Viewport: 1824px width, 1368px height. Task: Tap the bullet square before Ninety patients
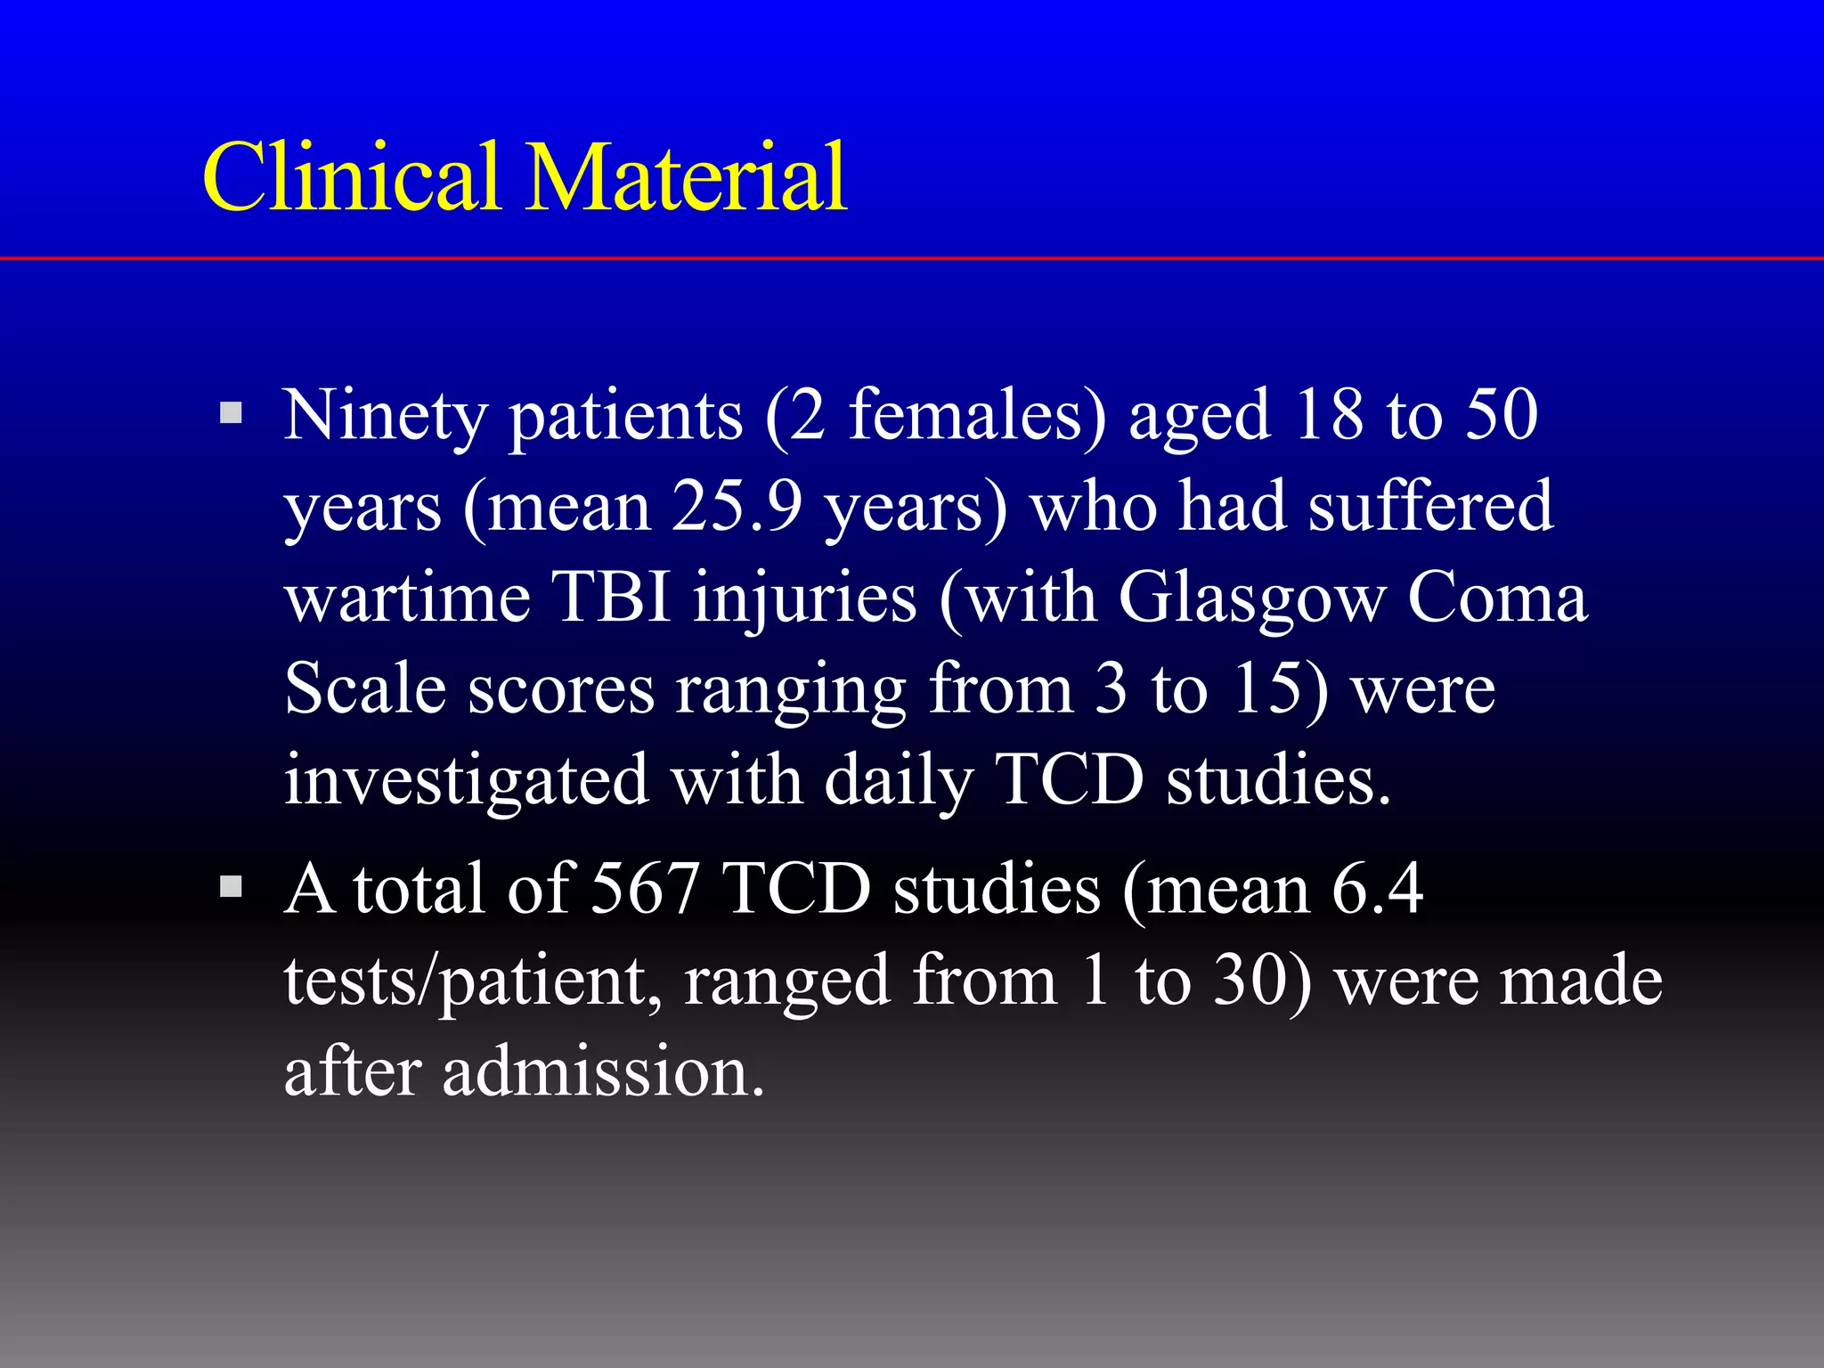pos(231,412)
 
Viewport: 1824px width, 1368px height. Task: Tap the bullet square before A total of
pos(231,886)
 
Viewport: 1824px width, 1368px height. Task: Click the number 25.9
pos(736,506)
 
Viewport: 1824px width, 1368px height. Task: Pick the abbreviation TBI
pos(611,597)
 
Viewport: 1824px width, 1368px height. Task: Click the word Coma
pos(1497,597)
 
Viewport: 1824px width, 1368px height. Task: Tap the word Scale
pos(365,688)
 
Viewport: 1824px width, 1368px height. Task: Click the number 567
pos(644,889)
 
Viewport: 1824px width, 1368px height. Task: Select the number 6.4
pos(1377,889)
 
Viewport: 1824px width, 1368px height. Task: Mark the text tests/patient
pos(472,982)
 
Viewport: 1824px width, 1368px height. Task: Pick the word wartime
pos(407,597)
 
